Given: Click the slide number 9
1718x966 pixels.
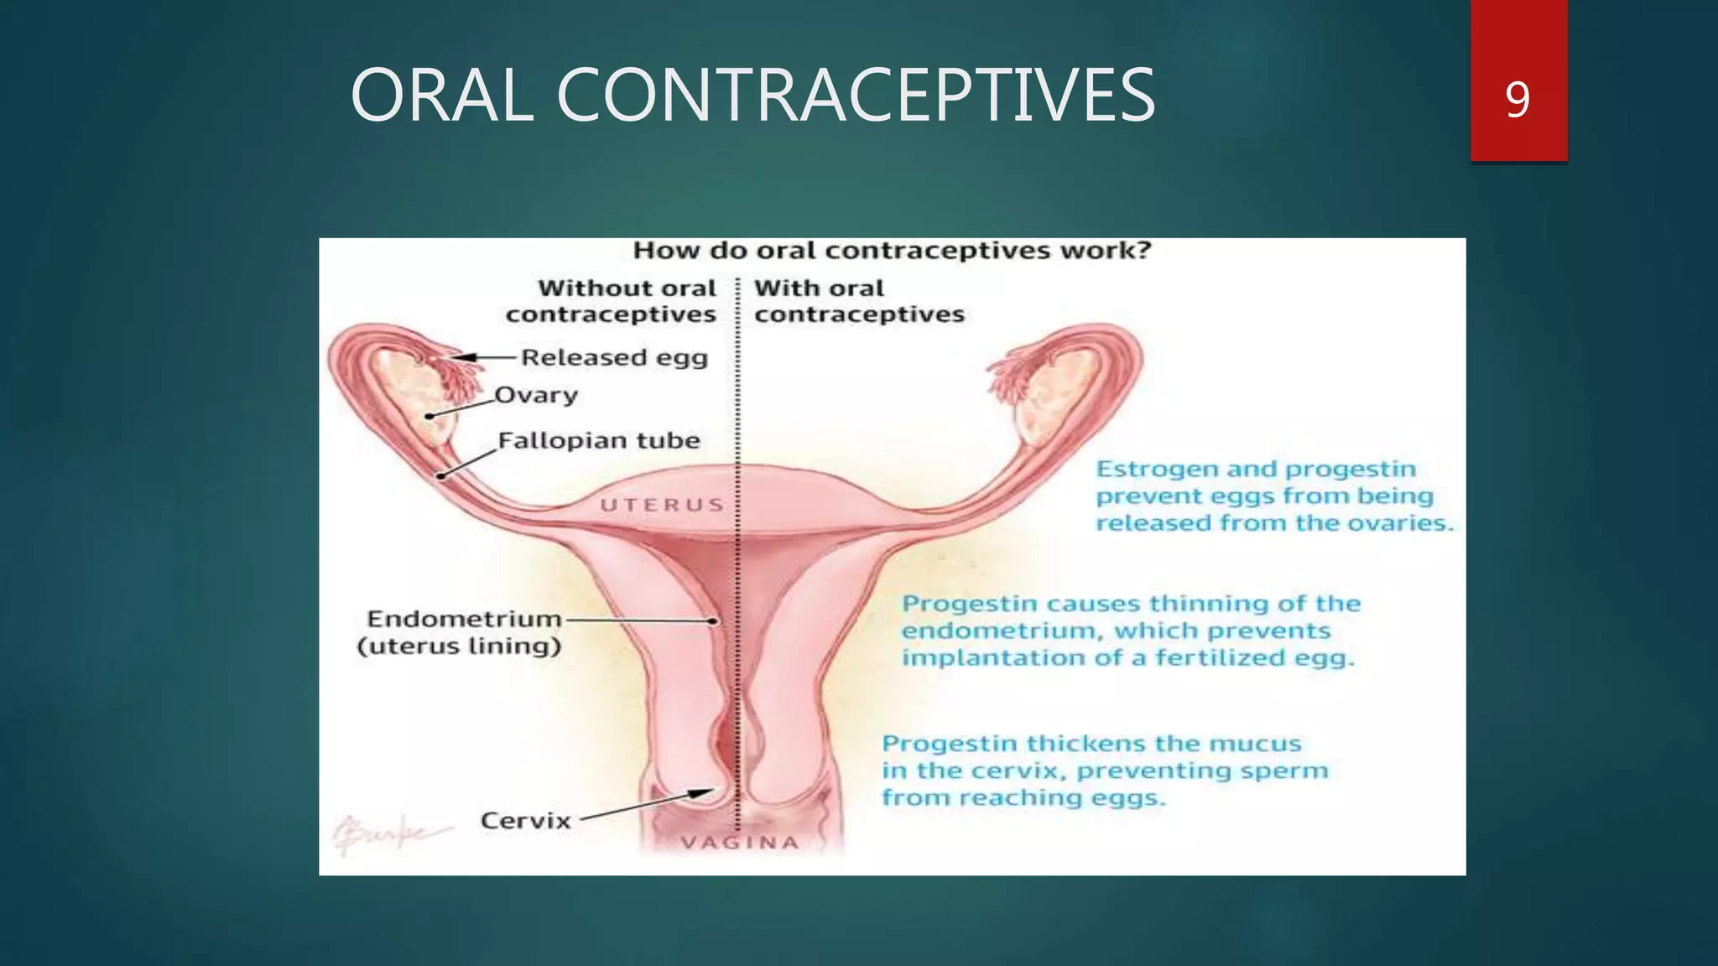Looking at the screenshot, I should tap(1518, 99).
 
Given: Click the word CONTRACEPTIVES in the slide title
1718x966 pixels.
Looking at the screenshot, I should tap(856, 96).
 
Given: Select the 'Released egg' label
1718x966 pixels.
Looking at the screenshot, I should tap(614, 357).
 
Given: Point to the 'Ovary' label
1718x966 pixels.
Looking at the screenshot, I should tap(536, 394).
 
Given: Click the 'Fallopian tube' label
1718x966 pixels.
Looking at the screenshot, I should tap(599, 440).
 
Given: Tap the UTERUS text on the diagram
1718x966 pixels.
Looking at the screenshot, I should tap(662, 505).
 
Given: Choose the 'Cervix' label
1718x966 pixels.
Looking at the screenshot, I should tap(525, 820).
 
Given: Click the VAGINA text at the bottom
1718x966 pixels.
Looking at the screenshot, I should tap(740, 843).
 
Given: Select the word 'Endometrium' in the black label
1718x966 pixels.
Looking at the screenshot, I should tap(464, 619).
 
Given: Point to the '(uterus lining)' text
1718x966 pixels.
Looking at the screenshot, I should tap(459, 647).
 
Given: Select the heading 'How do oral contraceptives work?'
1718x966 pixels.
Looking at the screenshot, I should tap(892, 251).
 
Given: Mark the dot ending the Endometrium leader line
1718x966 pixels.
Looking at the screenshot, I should tap(712, 621).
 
